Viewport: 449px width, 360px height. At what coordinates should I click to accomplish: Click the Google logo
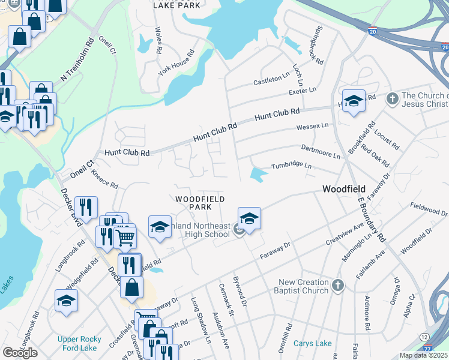pyautogui.click(x=20, y=352)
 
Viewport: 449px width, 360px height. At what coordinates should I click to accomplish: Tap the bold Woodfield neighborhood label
pyautogui.click(x=344, y=189)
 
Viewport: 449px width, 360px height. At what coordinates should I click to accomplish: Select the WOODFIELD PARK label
pyautogui.click(x=200, y=203)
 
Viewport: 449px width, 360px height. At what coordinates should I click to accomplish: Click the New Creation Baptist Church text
pyautogui.click(x=303, y=286)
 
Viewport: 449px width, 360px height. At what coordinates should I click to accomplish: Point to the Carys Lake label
pyautogui.click(x=312, y=344)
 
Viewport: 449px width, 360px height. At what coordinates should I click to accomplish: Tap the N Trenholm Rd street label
pyautogui.click(x=77, y=64)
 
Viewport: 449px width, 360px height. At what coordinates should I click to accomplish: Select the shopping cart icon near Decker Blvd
pyautogui.click(x=125, y=238)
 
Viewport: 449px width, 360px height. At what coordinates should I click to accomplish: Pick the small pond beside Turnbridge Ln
pyautogui.click(x=259, y=175)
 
